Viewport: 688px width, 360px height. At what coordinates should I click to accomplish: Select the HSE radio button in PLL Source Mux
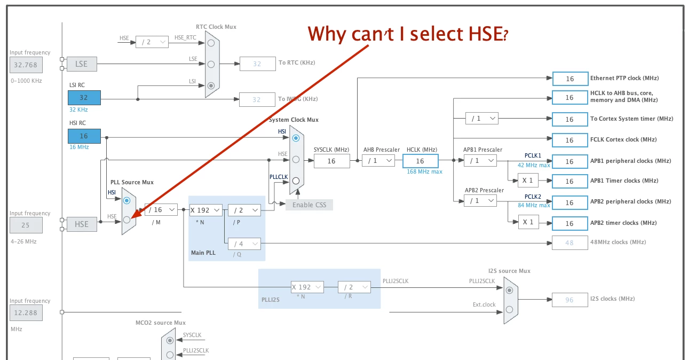tap(126, 220)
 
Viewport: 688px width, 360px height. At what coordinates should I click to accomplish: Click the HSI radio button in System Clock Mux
tap(296, 138)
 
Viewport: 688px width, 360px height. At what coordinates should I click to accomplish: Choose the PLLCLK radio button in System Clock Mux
tap(296, 181)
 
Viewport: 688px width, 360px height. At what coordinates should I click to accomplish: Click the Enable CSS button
tap(309, 205)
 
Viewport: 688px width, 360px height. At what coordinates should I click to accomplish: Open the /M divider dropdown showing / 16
tap(161, 210)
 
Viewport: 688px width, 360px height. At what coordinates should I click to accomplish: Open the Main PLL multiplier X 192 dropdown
tap(205, 210)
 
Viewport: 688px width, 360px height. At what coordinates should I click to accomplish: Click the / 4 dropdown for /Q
tap(244, 244)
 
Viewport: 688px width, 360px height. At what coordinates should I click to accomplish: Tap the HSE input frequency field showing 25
tap(26, 225)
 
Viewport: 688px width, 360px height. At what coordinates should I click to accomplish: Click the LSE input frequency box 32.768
tap(26, 65)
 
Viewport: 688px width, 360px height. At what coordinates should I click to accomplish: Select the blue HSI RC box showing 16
tap(84, 136)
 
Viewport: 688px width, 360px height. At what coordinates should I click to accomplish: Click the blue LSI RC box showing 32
tap(84, 97)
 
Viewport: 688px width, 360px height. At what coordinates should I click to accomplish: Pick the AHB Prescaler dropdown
tap(378, 160)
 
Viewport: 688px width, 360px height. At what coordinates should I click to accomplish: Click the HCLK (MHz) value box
tap(421, 161)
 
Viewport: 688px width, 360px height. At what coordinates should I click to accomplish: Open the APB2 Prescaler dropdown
tap(480, 201)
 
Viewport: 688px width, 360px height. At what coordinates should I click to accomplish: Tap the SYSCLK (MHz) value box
tap(331, 161)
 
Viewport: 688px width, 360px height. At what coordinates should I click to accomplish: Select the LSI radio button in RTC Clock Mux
tap(211, 85)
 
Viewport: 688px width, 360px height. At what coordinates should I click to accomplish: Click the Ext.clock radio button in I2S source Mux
tap(509, 310)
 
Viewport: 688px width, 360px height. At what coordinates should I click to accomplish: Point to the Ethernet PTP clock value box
tap(570, 79)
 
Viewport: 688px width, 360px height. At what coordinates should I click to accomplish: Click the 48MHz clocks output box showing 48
tap(570, 242)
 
